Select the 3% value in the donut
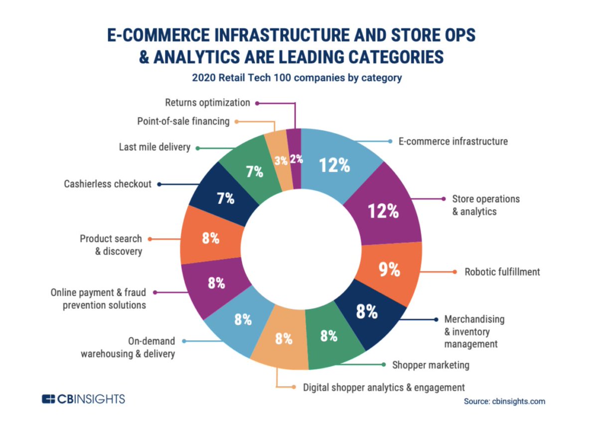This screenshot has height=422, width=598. (281, 160)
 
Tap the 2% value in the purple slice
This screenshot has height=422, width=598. (296, 160)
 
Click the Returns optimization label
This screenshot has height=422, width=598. (207, 103)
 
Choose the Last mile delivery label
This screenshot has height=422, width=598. (154, 147)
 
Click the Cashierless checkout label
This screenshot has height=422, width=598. (108, 184)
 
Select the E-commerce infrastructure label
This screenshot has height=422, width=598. (453, 141)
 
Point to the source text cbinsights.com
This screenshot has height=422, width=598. (504, 401)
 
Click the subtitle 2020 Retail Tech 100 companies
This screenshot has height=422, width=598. (298, 78)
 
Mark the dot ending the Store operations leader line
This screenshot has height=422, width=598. (444, 199)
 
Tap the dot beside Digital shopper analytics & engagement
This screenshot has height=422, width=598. (278, 387)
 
